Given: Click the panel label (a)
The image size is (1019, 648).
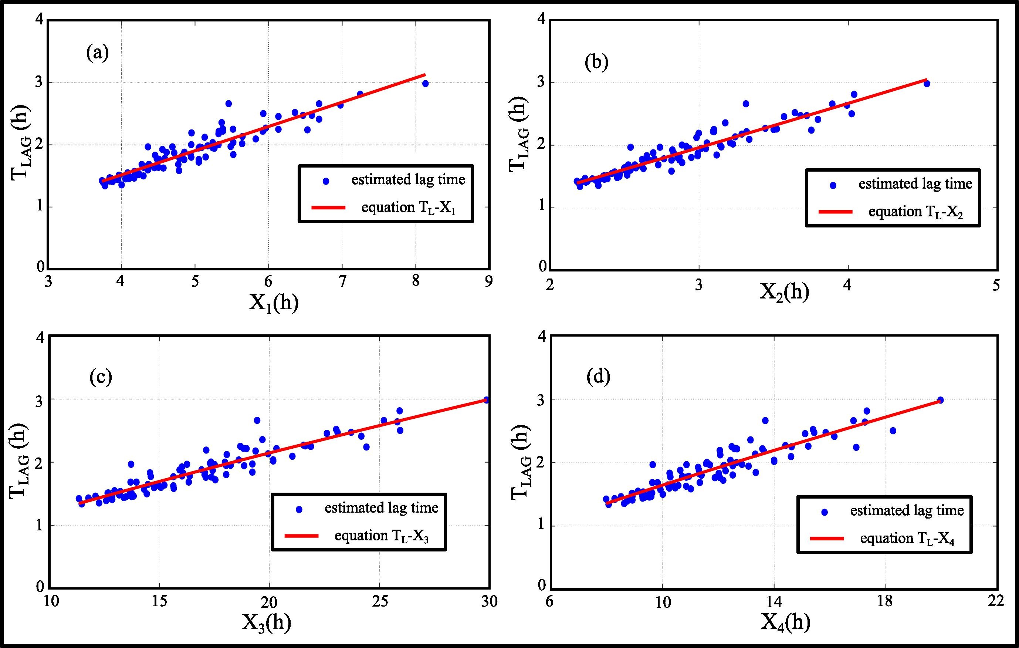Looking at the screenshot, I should point(97,54).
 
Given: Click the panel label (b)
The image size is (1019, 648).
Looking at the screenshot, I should point(596,63).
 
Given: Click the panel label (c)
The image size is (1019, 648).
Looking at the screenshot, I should point(101,377).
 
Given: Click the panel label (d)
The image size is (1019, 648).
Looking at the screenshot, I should point(598,377).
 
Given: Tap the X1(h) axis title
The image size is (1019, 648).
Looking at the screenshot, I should point(273,303).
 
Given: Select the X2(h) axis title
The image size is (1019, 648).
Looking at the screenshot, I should point(784,292).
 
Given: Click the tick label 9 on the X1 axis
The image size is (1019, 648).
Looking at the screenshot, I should point(489,281).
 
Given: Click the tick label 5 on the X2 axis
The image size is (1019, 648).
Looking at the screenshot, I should point(996,285).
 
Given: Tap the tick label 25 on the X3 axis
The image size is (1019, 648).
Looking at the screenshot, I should point(380,601).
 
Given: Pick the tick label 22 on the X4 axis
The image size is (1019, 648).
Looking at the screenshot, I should point(996,601).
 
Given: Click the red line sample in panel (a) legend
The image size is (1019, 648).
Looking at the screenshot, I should point(328,208).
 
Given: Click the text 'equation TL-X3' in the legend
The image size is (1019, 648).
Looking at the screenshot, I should point(381,536).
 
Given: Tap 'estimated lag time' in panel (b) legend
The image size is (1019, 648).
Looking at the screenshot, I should point(915,184).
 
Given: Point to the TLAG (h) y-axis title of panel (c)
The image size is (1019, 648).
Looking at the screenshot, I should point(19,461).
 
